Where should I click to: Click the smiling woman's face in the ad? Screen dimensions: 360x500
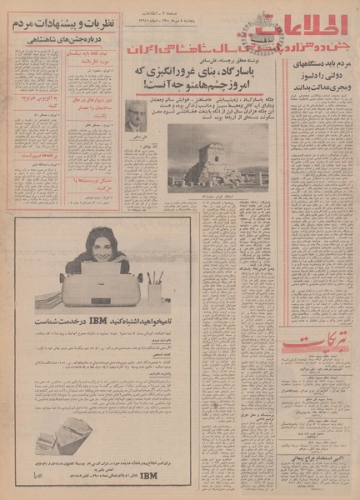pyautogui.click(x=104, y=247)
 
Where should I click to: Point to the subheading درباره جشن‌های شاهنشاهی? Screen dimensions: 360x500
pyautogui.click(x=63, y=44)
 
